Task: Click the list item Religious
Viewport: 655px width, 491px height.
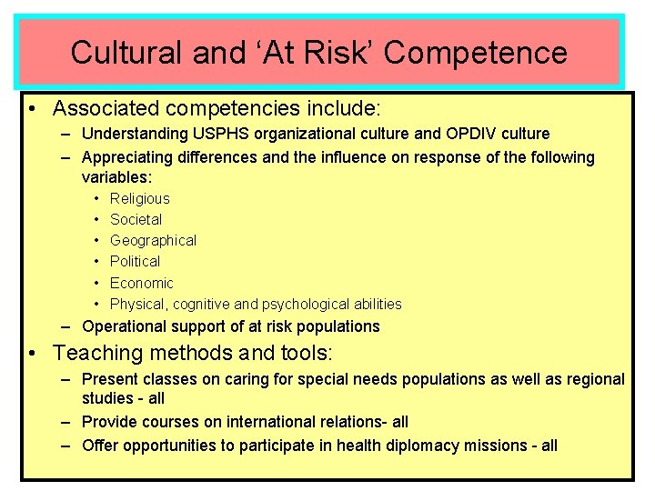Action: point(140,198)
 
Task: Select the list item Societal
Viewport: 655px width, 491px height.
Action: point(136,219)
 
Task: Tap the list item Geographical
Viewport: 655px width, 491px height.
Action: point(153,240)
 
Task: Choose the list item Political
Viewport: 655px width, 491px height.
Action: point(135,261)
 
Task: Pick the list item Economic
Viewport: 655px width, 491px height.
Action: point(141,283)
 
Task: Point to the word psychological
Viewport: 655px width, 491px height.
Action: point(304,304)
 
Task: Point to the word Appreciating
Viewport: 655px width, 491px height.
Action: point(127,157)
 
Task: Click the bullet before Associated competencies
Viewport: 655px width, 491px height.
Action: point(32,109)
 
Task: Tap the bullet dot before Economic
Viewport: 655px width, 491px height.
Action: point(96,283)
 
